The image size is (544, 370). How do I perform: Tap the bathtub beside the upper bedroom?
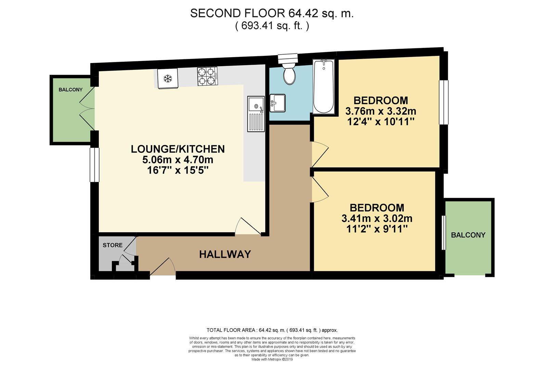pos(323,86)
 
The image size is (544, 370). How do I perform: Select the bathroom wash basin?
pos(277,103)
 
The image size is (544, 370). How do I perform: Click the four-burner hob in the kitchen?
pos(208,76)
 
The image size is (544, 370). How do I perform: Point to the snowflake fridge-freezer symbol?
pos(167,79)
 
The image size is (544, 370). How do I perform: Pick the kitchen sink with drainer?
pos(256,114)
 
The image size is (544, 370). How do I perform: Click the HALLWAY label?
pos(225,254)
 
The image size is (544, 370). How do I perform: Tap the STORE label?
pos(113,245)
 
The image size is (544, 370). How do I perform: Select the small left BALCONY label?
pos(70,90)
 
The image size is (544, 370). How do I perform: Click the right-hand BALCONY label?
pos(468,235)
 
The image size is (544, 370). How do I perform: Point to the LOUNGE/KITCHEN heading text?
pos(178,149)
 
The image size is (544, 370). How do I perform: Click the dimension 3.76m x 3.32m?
pos(380,111)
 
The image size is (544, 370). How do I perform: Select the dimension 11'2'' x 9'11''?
pos(377,229)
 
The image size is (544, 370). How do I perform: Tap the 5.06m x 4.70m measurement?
pos(178,160)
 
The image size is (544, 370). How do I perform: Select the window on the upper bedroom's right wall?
pos(444,102)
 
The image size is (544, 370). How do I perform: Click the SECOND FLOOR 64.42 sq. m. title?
pos(272,13)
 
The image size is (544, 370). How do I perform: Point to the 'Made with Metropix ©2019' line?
pos(272,359)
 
